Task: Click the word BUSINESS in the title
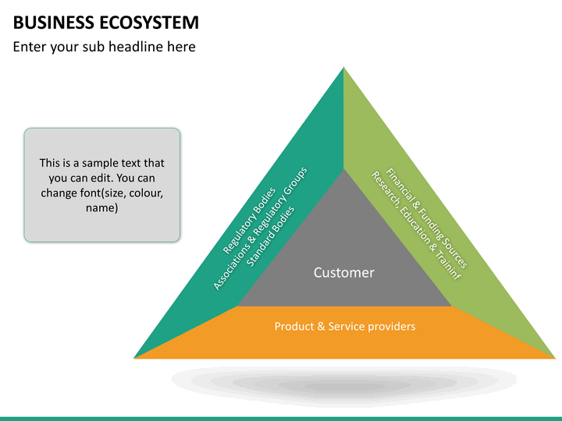point(53,23)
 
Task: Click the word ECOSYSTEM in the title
point(149,23)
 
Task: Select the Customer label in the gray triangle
point(344,272)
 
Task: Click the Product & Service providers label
point(345,326)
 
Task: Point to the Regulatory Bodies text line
point(249,221)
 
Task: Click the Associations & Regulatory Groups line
point(260,228)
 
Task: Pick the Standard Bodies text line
point(271,236)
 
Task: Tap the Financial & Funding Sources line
point(426,218)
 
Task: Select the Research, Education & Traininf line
point(416,225)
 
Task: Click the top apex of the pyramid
point(343,67)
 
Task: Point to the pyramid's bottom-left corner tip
point(134,358)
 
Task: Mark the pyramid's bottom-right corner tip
point(555,358)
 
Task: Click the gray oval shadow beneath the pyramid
point(344,381)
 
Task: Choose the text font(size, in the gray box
point(101,193)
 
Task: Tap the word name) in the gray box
point(101,207)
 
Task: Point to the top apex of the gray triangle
point(343,169)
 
